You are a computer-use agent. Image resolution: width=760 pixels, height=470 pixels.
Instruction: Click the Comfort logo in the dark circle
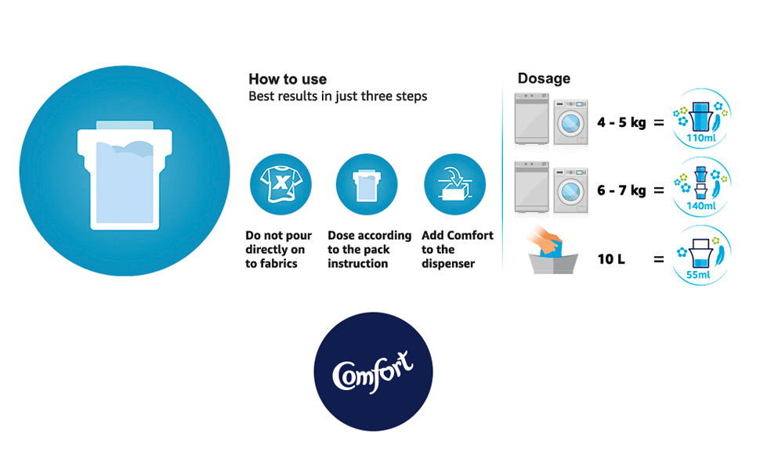click(x=373, y=371)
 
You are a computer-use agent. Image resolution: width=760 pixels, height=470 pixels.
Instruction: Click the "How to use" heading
click(x=288, y=79)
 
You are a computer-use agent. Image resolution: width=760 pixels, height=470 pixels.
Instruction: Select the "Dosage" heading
click(x=544, y=78)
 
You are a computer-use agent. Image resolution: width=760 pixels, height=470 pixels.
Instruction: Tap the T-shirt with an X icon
click(x=280, y=184)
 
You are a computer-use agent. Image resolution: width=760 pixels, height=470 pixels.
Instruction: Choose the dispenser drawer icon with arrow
click(x=454, y=184)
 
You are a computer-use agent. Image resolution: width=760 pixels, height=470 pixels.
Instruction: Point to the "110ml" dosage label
click(x=701, y=138)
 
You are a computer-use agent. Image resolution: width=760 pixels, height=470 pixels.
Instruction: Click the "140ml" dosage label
click(x=701, y=206)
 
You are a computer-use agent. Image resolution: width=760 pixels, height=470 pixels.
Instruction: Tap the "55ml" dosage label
click(x=698, y=275)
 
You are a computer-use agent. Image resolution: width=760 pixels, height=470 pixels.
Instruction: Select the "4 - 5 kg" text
click(x=621, y=122)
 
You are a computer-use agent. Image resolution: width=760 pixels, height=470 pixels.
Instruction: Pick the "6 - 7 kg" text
click(x=621, y=190)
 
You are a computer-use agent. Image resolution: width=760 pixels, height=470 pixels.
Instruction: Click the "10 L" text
click(x=611, y=259)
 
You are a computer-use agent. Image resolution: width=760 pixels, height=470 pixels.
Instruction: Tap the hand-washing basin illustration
click(x=552, y=251)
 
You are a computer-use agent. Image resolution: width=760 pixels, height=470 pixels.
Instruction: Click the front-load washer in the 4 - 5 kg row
click(x=571, y=122)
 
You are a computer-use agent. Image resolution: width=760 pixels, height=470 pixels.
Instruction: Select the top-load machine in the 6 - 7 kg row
click(x=532, y=187)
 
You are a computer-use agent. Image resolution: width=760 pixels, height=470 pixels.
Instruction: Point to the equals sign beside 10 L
click(x=659, y=260)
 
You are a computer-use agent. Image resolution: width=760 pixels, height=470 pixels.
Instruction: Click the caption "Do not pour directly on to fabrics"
click(x=278, y=250)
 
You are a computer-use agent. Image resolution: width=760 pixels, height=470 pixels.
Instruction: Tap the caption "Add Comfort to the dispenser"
click(x=458, y=250)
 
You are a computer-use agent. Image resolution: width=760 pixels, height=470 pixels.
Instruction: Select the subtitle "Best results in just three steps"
click(x=338, y=96)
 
